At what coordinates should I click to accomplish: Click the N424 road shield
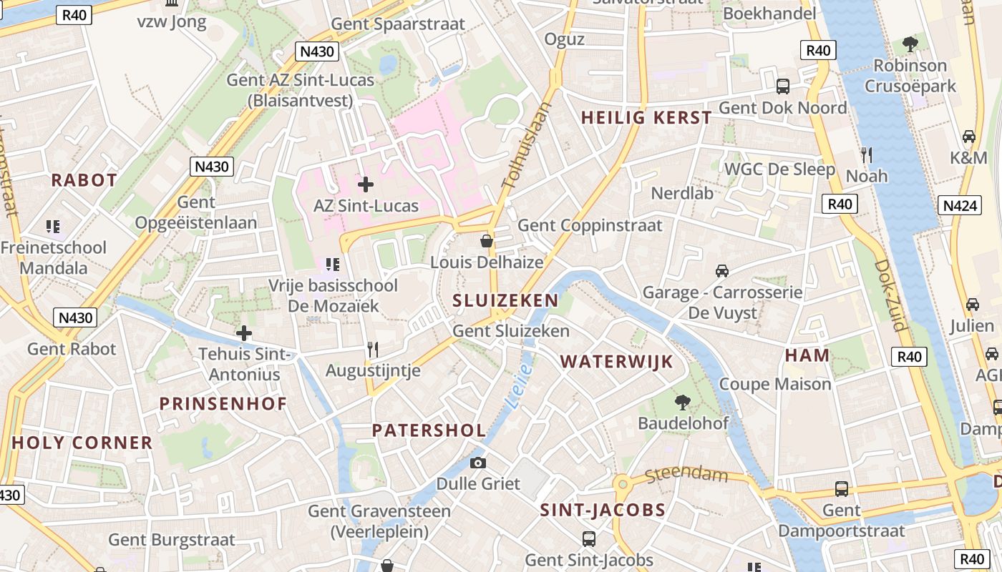click(x=960, y=206)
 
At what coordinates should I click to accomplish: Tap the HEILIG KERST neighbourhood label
click(x=646, y=118)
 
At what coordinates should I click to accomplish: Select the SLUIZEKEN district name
click(x=505, y=300)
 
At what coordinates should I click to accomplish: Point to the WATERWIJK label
click(x=616, y=361)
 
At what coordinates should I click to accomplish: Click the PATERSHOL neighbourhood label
click(x=429, y=430)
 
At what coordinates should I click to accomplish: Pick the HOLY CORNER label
click(x=82, y=443)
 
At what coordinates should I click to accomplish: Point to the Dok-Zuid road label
click(x=890, y=295)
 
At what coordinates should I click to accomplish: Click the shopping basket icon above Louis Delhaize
click(x=487, y=242)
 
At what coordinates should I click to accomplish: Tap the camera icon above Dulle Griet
click(x=478, y=463)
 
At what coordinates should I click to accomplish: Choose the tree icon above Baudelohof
click(x=683, y=403)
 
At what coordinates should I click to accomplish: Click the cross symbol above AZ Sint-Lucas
click(x=366, y=184)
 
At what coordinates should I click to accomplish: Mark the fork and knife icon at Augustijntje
click(x=372, y=349)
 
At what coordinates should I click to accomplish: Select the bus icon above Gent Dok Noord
click(x=783, y=87)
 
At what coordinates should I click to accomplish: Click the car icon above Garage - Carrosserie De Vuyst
click(x=722, y=271)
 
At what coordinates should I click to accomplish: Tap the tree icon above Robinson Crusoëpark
click(x=910, y=45)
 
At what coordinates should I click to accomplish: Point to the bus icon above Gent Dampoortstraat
click(x=842, y=489)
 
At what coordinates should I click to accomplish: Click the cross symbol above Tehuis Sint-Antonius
click(x=244, y=333)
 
